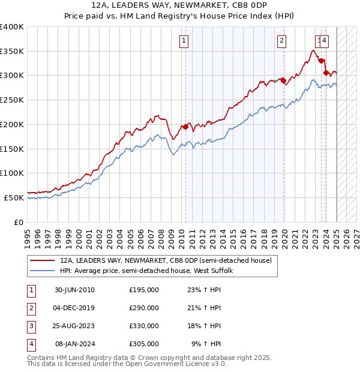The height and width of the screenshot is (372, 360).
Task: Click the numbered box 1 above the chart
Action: pos(183,41)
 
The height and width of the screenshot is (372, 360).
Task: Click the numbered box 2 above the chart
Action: pos(281,41)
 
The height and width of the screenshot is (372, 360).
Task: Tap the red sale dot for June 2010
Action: pos(185,127)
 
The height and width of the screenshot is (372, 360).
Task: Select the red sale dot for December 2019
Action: pos(283,80)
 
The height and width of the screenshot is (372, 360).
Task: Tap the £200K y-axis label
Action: pos(12,124)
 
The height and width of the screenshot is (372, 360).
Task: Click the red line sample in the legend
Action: pos(42,261)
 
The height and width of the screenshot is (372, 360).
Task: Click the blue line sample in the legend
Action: pos(42,271)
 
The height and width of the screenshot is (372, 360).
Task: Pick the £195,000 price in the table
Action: pos(144,290)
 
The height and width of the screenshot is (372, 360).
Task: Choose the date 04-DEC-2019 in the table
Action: pos(74,308)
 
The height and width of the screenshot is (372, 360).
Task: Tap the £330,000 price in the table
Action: pos(144,326)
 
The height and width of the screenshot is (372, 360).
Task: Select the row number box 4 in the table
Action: pos(29,344)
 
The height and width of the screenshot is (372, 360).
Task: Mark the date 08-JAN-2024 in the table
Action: pos(74,344)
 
